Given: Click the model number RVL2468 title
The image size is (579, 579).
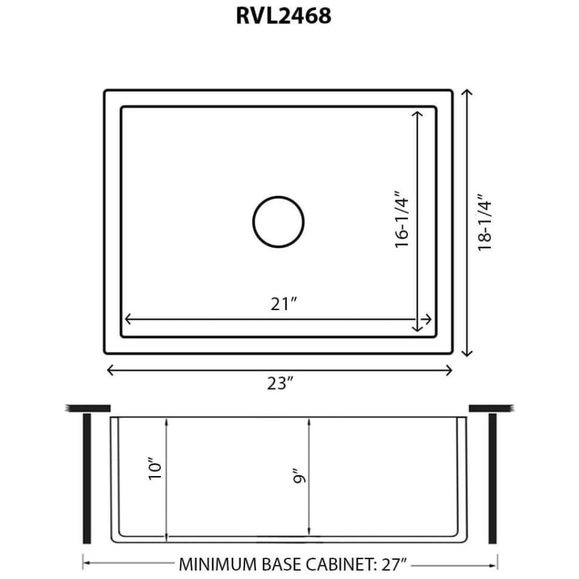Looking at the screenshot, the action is tap(284, 16).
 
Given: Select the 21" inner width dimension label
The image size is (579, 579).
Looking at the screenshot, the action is tap(284, 304).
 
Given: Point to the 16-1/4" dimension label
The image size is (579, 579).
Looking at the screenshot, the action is tap(402, 220).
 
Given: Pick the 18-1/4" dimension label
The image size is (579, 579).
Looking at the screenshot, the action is tap(485, 223).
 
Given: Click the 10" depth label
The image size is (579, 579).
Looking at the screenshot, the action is tap(155, 468).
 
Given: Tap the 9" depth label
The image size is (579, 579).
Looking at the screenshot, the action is tap(299, 476).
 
